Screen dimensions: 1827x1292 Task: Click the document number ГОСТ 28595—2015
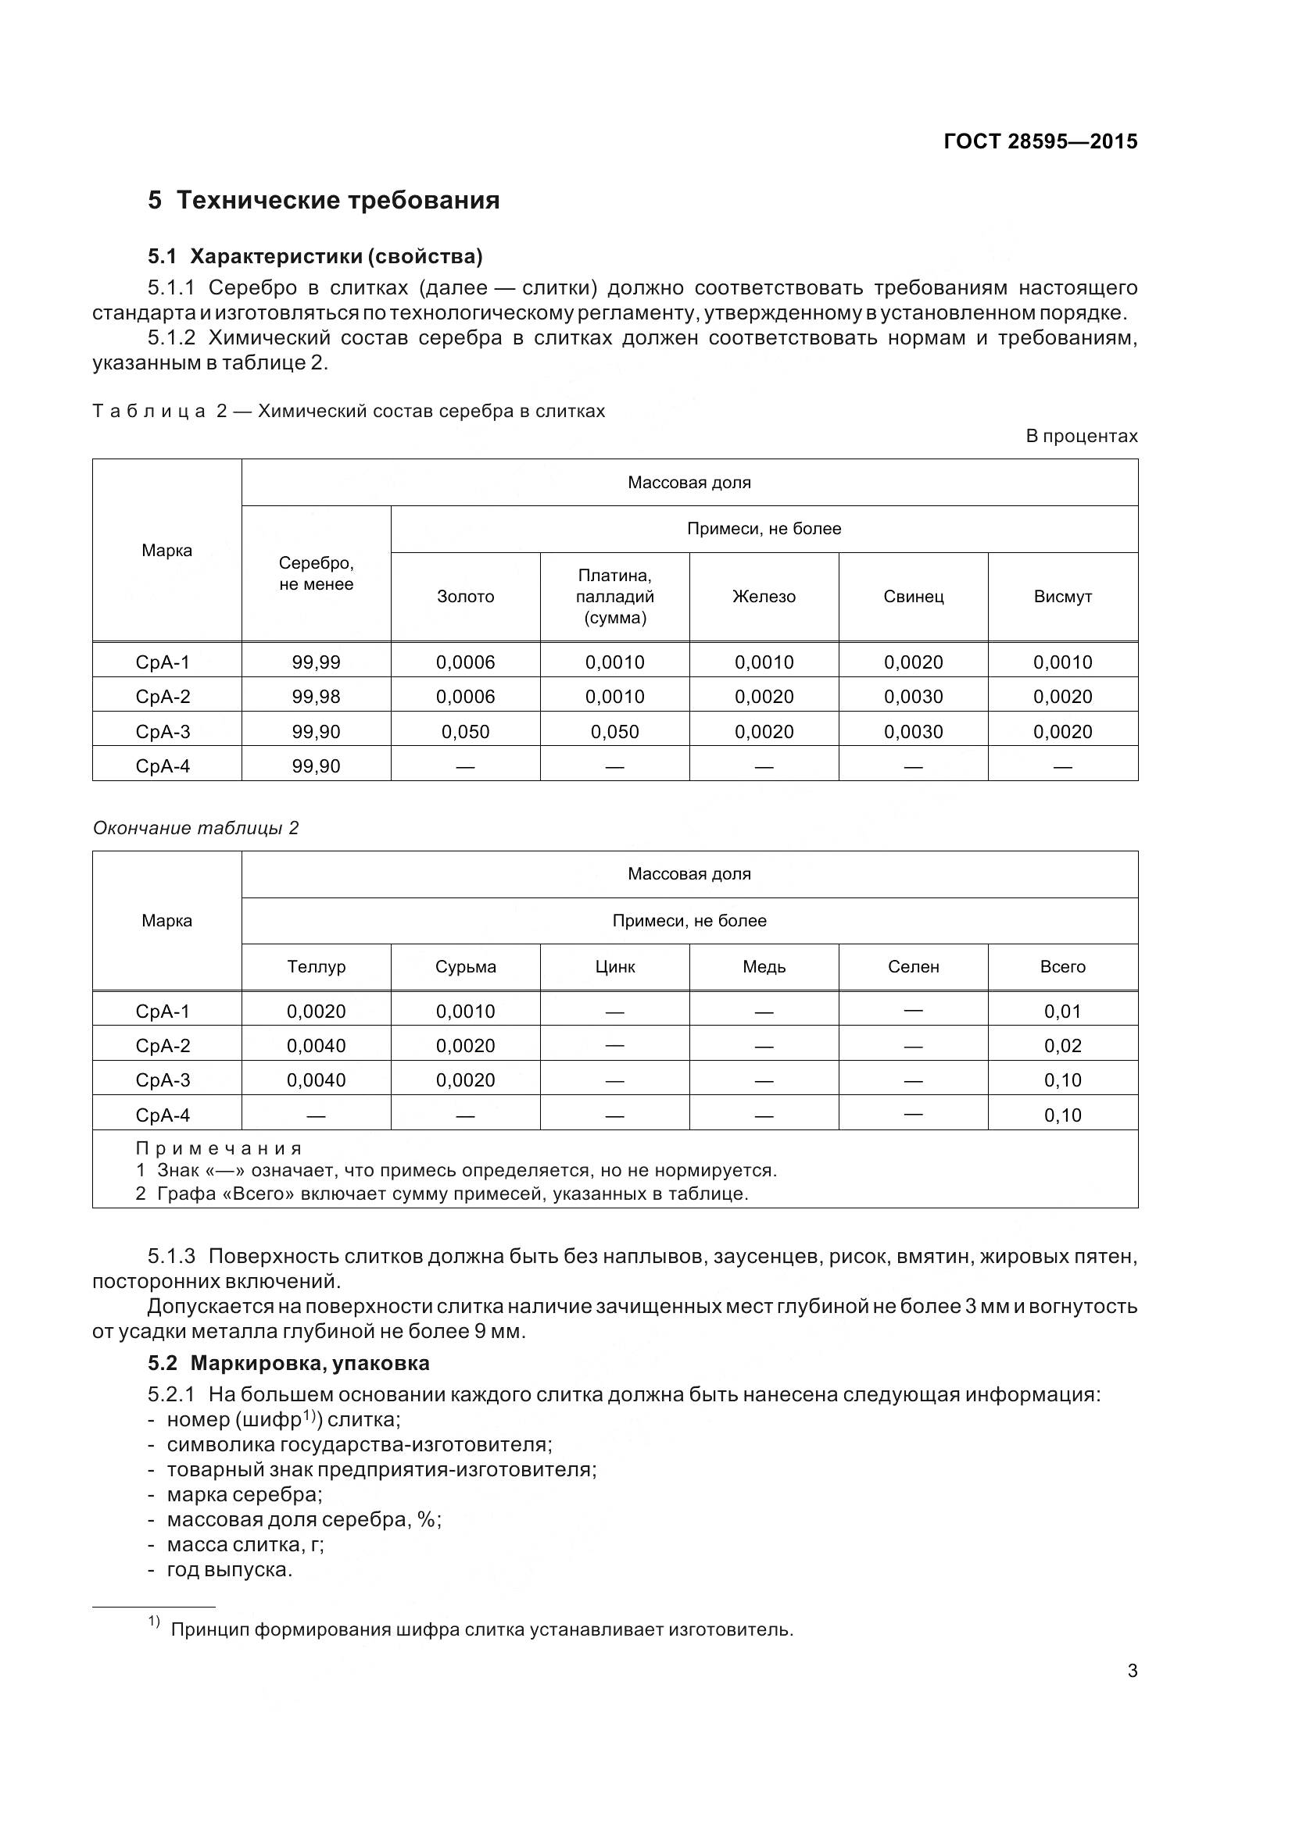[1040, 141]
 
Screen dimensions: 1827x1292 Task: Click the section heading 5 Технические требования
[324, 200]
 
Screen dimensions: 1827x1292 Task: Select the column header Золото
[465, 596]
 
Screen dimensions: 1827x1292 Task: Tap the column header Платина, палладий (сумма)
[614, 596]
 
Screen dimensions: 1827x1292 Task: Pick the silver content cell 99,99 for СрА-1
[316, 662]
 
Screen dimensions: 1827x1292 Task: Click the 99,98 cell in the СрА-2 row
[316, 696]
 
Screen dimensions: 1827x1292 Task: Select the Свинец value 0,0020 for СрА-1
[913, 662]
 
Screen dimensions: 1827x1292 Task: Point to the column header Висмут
[1062, 596]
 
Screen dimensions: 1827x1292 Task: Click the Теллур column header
[316, 966]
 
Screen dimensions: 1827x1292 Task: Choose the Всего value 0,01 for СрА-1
[1062, 1012]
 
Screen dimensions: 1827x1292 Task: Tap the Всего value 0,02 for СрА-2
[1062, 1046]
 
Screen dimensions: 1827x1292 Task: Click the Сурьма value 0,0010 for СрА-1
[465, 1012]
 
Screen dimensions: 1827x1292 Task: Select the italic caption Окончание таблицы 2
[196, 827]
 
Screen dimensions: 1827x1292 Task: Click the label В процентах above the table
[1081, 436]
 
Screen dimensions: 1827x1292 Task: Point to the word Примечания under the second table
[219, 1147]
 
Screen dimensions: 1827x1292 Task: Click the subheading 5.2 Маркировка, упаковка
[288, 1362]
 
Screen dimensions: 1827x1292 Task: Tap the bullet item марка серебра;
[244, 1493]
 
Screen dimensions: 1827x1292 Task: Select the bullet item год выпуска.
[229, 1569]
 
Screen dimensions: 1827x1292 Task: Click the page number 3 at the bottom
[1132, 1670]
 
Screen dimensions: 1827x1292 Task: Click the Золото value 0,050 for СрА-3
[465, 731]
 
